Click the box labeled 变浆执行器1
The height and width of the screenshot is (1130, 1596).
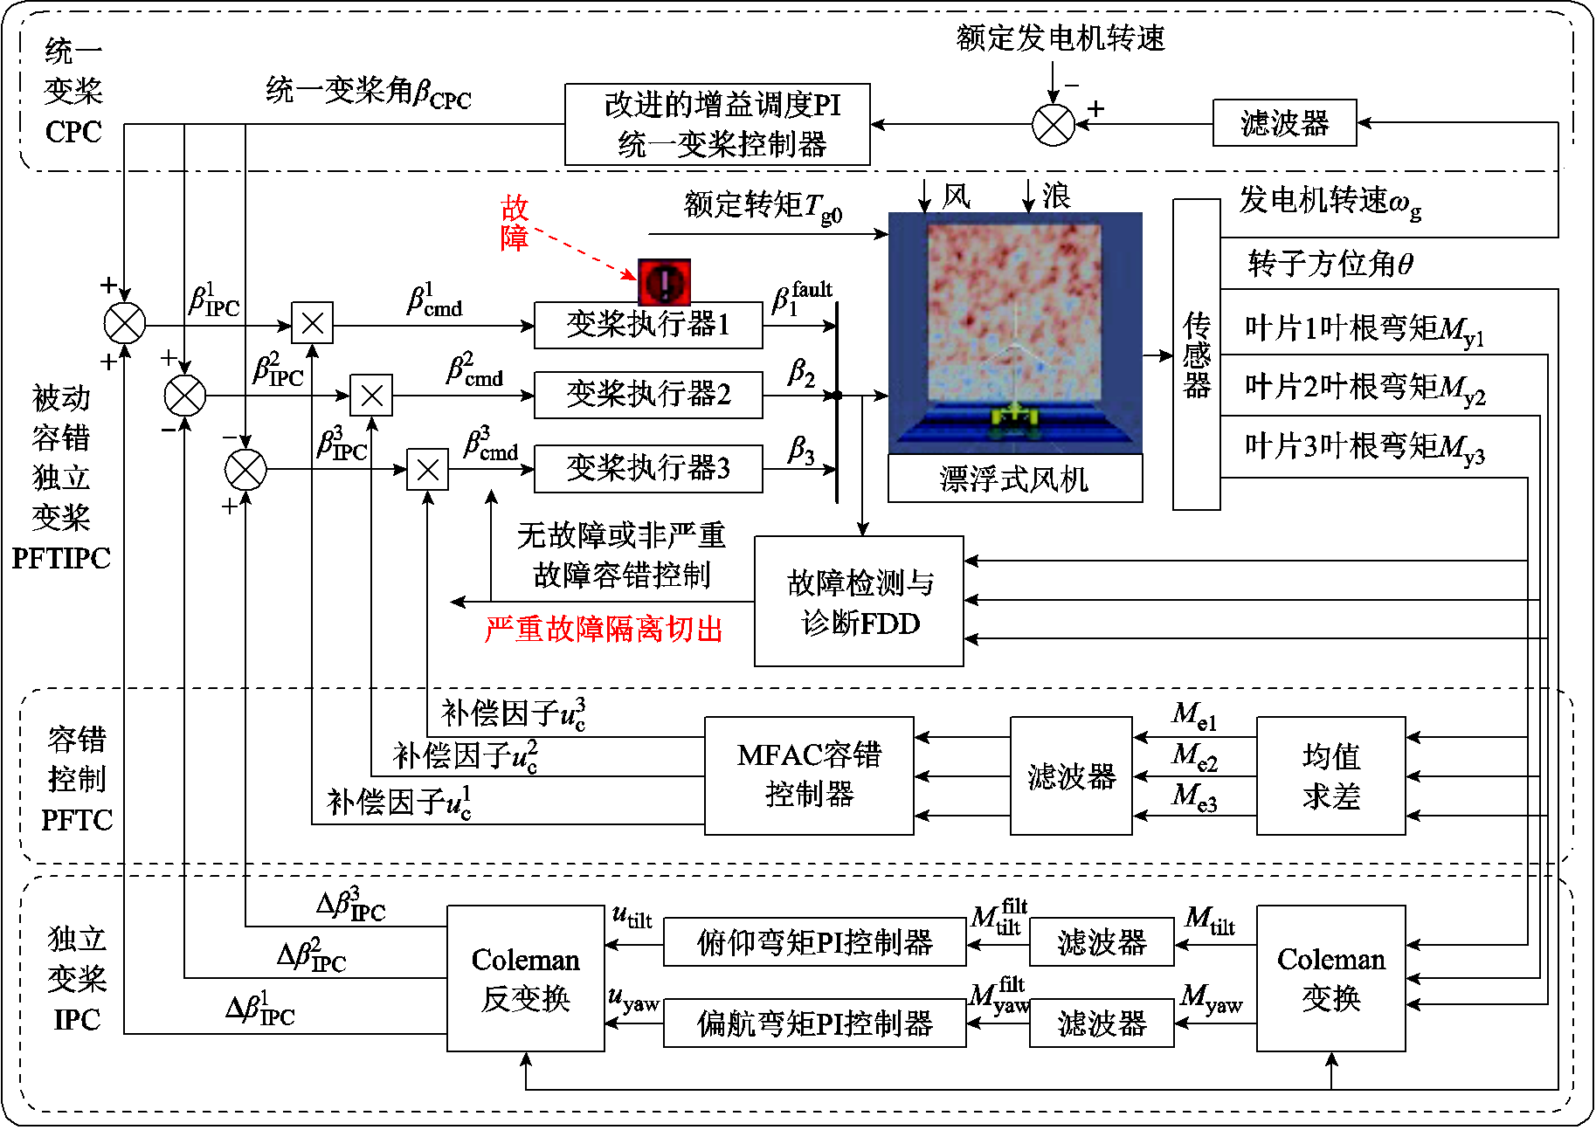pos(648,325)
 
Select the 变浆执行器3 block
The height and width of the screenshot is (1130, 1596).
pos(648,469)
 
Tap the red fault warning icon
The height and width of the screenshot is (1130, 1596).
pos(664,281)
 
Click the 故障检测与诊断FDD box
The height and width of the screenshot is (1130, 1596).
pos(860,602)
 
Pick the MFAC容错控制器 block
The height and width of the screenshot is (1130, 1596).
pos(809,775)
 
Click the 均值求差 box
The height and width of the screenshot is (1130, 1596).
pos(1330,775)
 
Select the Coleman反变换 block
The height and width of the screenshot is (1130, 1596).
pos(525,978)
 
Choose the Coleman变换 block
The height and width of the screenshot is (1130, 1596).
pos(1330,978)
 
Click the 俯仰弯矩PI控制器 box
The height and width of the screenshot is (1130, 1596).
pos(814,942)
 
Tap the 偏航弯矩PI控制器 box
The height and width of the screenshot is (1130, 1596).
pos(814,1023)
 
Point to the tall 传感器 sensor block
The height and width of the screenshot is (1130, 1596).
pos(1196,354)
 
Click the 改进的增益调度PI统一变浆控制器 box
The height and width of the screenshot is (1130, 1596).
pos(717,124)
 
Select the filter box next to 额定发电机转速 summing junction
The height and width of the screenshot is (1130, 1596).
pos(1284,123)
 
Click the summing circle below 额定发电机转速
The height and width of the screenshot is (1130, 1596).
pos(1054,124)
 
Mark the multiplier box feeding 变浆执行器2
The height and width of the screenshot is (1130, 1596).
pos(371,396)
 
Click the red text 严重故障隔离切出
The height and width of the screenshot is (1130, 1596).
pos(604,629)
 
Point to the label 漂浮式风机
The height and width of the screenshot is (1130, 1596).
pos(1014,479)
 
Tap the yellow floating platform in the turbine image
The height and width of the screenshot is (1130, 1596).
pos(1012,420)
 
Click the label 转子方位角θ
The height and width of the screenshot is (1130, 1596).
pos(1330,263)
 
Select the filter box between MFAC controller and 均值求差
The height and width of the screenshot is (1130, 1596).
pos(1071,775)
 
